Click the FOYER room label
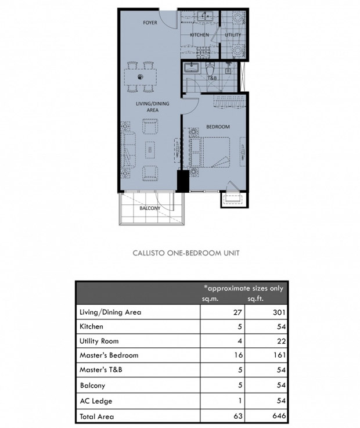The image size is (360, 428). [x=150, y=23]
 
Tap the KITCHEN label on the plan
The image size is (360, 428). [x=199, y=35]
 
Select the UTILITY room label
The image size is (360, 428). [x=233, y=35]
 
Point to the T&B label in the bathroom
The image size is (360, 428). [x=213, y=78]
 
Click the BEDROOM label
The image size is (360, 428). [x=218, y=127]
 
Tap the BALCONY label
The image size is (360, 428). [x=150, y=208]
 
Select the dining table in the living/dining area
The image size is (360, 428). [x=141, y=77]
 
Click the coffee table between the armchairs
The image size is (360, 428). [x=150, y=150]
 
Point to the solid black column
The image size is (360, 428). [x=183, y=181]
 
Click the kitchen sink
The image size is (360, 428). [x=205, y=16]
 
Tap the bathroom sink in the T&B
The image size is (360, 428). [x=192, y=67]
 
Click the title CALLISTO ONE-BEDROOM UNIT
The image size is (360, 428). [x=186, y=253]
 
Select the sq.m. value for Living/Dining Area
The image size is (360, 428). [x=237, y=312]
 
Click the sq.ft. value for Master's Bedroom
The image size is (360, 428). [x=279, y=355]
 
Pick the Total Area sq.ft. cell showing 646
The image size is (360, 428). [x=279, y=416]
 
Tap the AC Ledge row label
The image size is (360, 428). [x=96, y=401]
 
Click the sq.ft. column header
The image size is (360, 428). [x=255, y=298]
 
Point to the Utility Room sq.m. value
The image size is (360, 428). [x=240, y=341]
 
